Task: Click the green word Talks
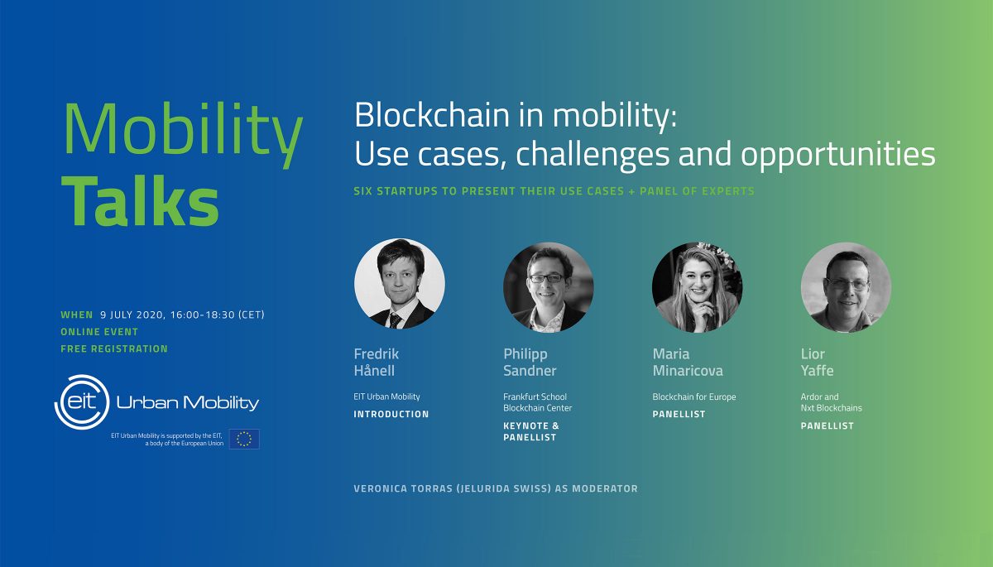[140, 200]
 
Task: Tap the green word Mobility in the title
[183, 132]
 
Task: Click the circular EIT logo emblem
[82, 402]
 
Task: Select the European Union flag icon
[244, 439]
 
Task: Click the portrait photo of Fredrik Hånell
[400, 284]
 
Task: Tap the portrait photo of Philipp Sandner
[549, 287]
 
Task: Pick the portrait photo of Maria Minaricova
[698, 287]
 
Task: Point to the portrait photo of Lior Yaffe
[847, 287]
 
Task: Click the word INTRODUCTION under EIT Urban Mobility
[391, 414]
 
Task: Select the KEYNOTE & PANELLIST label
[531, 431]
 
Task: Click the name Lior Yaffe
[817, 363]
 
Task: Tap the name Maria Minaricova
[688, 363]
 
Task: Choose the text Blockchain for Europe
[694, 396]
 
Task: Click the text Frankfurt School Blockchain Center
[537, 402]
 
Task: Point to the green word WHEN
[77, 315]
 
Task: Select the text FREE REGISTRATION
[114, 348]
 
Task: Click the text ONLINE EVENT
[99, 332]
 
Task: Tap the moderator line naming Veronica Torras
[496, 488]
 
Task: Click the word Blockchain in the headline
[432, 115]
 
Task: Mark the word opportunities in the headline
[837, 155]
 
